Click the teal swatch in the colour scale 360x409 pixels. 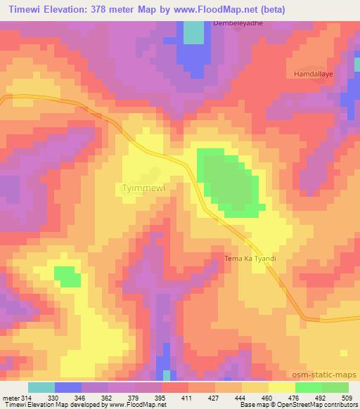tap(41, 387)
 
